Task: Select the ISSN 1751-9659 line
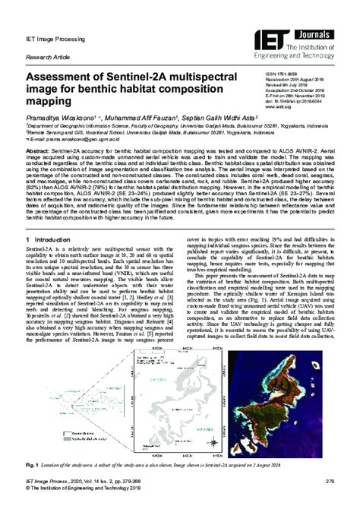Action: (x=291, y=71)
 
